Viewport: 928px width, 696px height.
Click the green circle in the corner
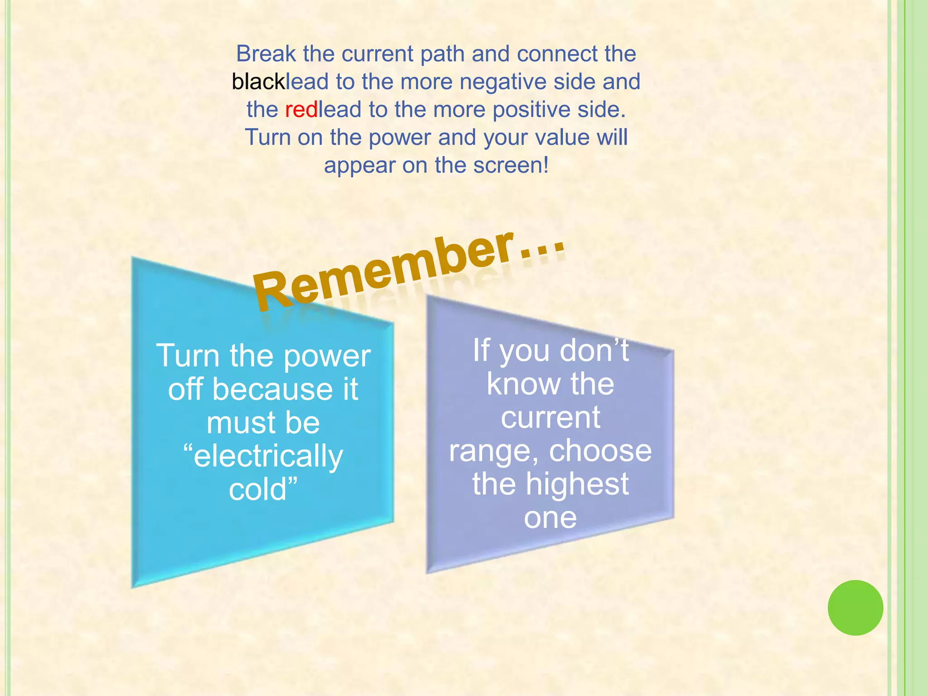pos(855,608)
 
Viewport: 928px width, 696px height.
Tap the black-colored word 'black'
pos(258,82)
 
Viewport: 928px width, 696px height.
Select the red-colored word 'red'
pos(301,110)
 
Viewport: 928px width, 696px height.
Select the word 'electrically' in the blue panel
pos(263,457)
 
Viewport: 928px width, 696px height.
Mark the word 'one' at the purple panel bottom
pos(550,518)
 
